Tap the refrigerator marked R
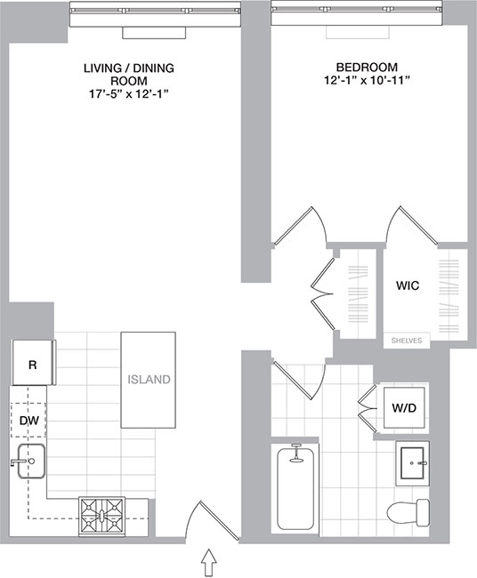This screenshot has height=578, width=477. tap(32, 365)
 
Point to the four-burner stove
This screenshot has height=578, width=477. tap(103, 514)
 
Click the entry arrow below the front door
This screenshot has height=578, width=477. tap(210, 562)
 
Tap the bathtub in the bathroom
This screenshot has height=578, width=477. tap(296, 491)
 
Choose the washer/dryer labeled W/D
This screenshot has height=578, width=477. tap(402, 408)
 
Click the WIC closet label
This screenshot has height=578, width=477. tap(408, 286)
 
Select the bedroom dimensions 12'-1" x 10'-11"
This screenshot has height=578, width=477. tap(367, 81)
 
